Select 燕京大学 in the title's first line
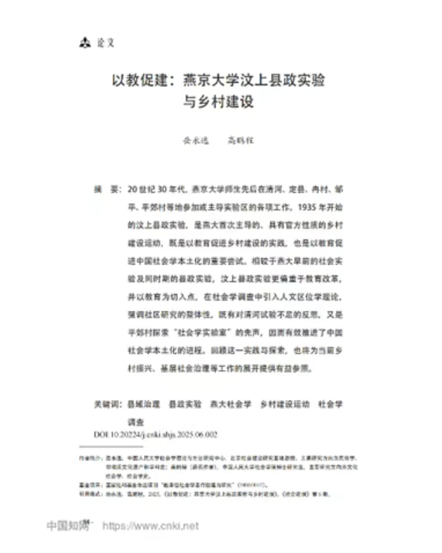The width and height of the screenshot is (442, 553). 211,80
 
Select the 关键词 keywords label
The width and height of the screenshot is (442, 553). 107,403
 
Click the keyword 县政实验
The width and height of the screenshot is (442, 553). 185,403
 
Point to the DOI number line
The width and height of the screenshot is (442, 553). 156,434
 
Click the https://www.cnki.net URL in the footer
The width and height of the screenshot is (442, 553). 150,526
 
